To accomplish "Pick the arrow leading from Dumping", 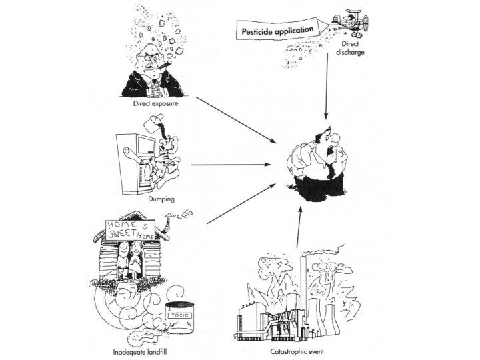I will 234,164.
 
